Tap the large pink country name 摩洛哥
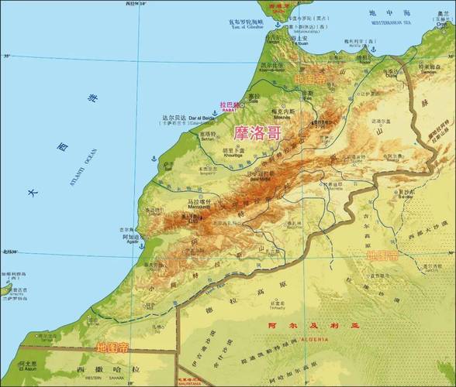click(x=256, y=132)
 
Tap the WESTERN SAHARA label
click(x=105, y=378)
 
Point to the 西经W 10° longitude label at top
click(x=135, y=4)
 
